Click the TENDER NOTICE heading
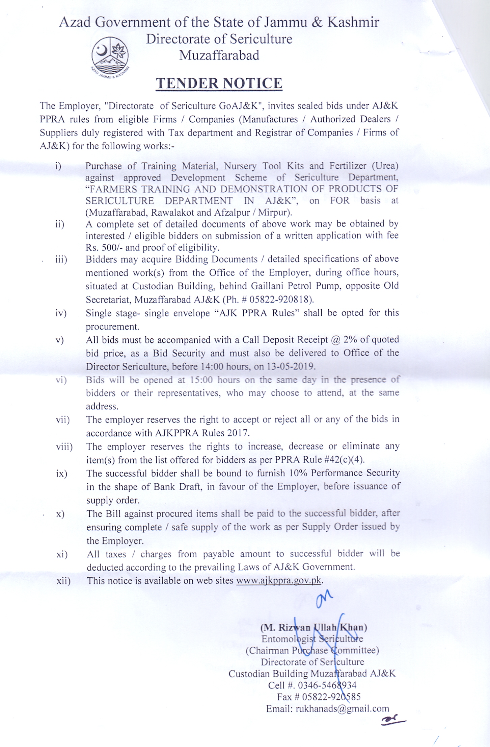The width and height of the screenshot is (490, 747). pos(219,83)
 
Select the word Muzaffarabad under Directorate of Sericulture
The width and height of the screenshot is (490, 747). pos(219,55)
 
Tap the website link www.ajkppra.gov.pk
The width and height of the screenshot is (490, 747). pos(279,580)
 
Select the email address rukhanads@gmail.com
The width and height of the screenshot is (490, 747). pos(342,708)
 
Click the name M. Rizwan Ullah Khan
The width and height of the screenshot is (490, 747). pos(314,627)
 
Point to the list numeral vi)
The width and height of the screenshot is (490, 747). pos(61,380)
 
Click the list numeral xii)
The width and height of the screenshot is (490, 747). pos(63,581)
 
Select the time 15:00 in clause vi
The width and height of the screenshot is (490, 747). pos(201,380)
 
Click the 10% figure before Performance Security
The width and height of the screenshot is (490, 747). pos(298,473)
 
